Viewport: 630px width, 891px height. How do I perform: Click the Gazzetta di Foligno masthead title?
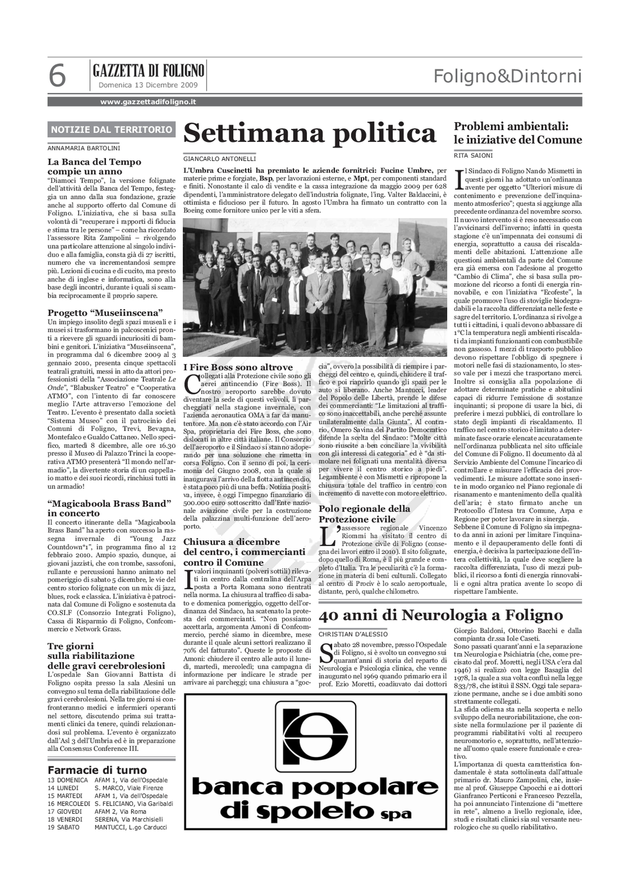tap(148, 71)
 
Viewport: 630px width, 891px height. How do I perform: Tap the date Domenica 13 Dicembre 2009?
tap(148, 85)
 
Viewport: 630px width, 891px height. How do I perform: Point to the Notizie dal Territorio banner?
tap(111, 130)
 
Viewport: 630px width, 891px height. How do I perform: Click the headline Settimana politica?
tap(309, 133)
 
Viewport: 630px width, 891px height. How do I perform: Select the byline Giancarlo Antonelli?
tap(219, 159)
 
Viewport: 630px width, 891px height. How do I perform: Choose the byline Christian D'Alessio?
tap(353, 634)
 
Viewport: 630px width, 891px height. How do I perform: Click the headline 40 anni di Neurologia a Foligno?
tap(441, 616)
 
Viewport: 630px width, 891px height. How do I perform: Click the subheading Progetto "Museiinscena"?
tap(105, 313)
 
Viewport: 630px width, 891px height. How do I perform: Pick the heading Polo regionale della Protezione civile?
tap(364, 514)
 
